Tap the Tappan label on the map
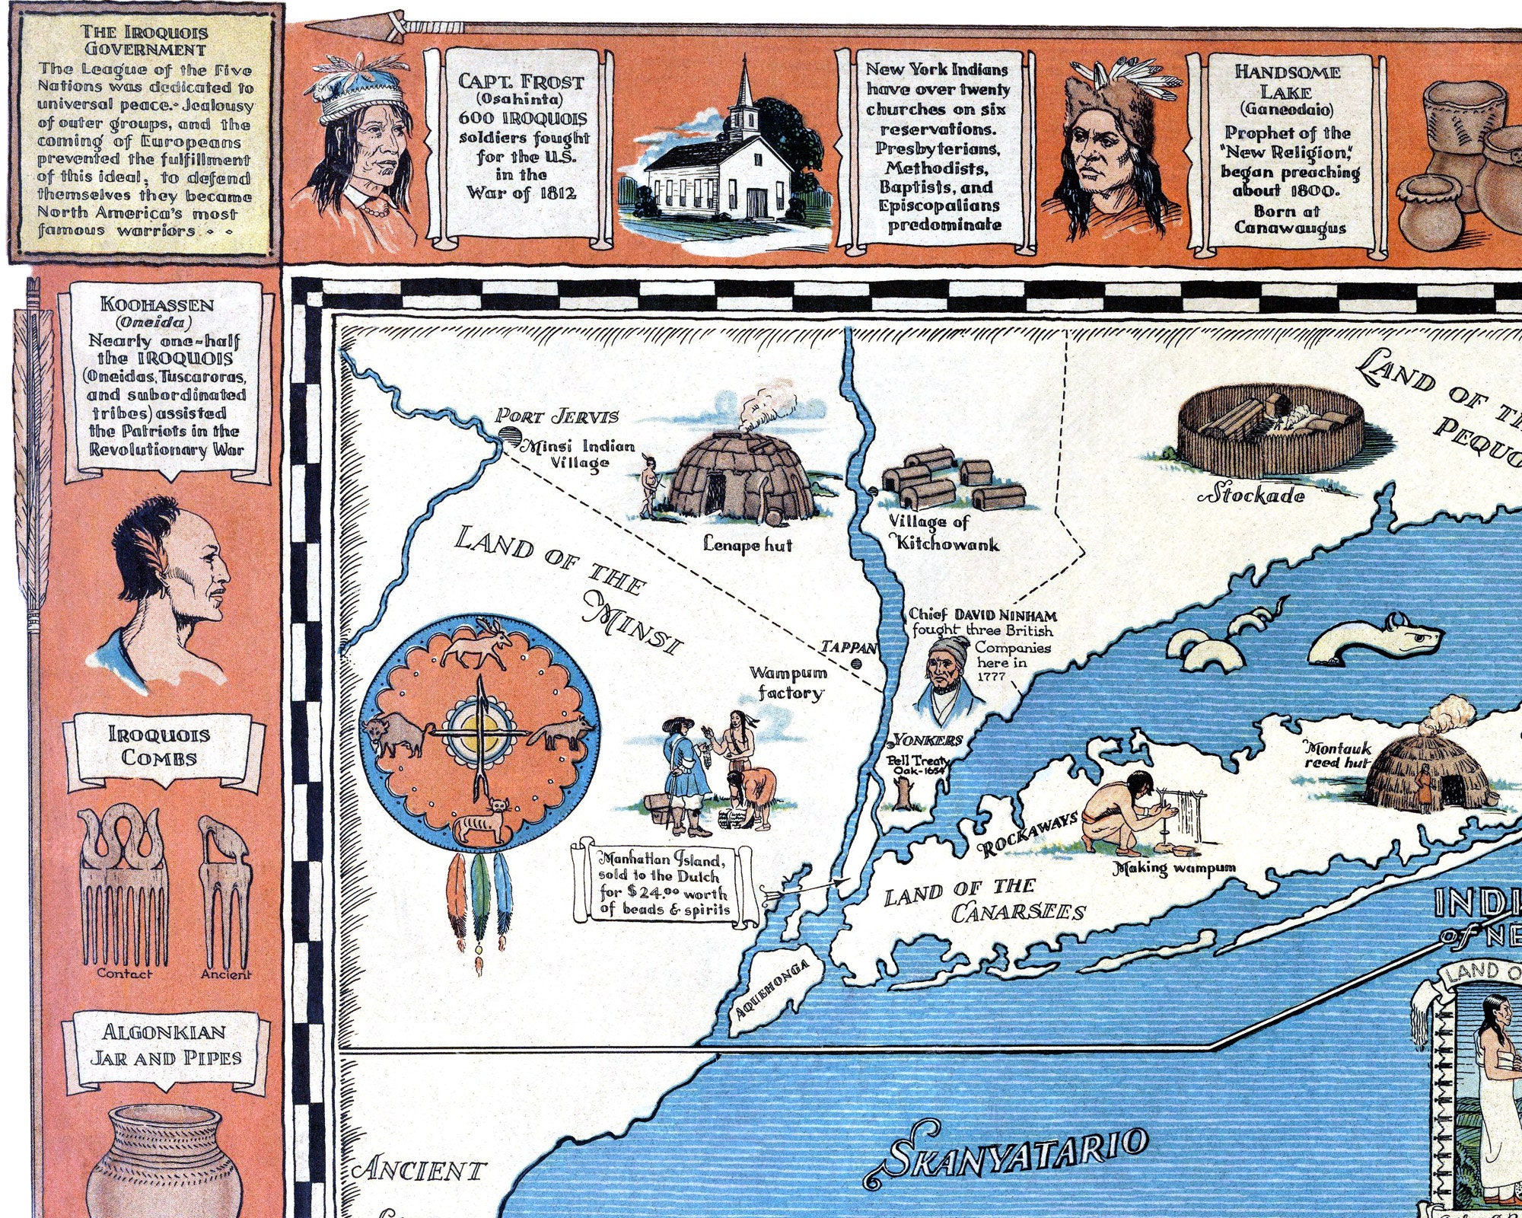(849, 648)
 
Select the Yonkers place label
(928, 740)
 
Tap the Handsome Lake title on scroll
(1287, 81)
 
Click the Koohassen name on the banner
(158, 304)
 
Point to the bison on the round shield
(396, 736)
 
